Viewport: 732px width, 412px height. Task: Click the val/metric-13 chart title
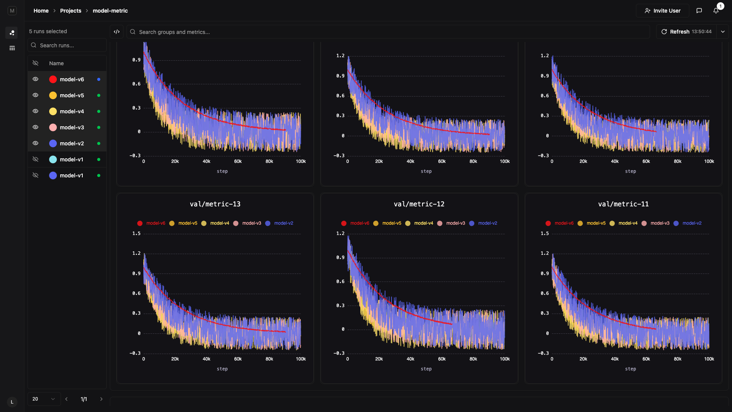215,204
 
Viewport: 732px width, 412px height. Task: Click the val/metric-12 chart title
419,204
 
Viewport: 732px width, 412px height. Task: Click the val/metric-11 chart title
623,204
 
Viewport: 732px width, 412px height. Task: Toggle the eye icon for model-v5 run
35,95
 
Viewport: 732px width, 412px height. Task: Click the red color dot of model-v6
53,79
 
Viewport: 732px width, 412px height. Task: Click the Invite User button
662,11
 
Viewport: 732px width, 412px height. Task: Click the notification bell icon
716,11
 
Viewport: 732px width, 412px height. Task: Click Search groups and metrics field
388,32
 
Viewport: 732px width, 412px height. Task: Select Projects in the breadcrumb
71,11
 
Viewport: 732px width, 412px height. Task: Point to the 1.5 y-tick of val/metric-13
136,233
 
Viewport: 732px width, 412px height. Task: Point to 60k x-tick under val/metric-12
441,359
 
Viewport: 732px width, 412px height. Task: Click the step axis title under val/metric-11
630,369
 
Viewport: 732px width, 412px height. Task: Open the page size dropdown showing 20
44,399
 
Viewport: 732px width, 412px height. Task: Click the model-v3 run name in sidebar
72,127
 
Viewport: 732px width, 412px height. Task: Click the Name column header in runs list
56,63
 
